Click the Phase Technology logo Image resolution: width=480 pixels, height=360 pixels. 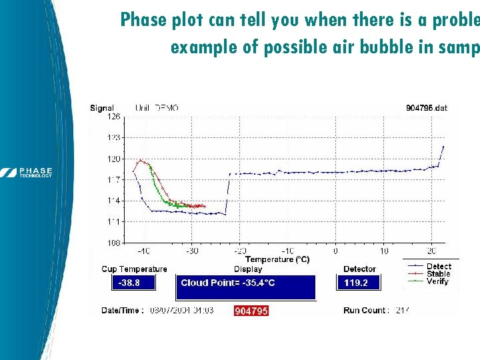tap(27, 172)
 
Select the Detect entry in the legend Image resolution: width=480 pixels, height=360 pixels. tap(438, 267)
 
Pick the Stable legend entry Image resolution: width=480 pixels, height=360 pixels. tap(438, 274)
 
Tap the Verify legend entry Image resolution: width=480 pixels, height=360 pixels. tap(438, 281)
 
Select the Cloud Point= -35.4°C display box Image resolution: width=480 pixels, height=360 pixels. tap(245, 286)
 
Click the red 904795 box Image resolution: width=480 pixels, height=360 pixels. tap(251, 311)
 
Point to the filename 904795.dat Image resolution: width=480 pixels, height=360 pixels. tap(426, 107)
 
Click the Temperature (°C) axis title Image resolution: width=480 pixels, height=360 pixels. tap(277, 259)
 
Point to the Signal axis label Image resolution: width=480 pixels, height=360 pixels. tap(102, 108)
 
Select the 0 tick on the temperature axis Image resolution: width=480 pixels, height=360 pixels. tap(335, 251)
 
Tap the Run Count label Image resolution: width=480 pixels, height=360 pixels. tap(365, 311)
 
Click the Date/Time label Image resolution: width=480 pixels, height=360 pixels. tap(122, 311)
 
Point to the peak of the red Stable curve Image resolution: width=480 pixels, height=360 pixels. tap(139, 160)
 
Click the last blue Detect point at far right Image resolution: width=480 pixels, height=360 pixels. tap(443, 147)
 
